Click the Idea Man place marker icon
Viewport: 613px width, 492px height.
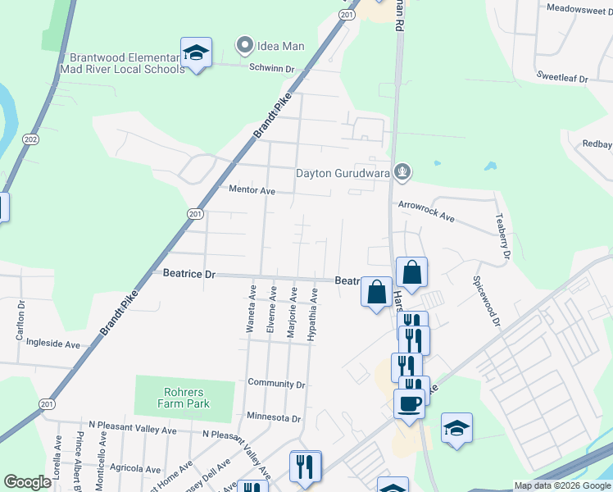click(x=243, y=45)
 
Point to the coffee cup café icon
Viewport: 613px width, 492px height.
click(x=409, y=402)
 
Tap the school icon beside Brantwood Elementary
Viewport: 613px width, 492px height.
click(x=196, y=53)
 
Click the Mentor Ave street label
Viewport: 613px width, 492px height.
click(x=252, y=190)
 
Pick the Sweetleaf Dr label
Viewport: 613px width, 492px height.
click(x=562, y=77)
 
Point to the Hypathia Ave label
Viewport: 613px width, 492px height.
click(x=312, y=313)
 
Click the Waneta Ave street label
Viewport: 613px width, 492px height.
click(x=252, y=308)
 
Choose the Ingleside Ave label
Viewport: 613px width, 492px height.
click(x=53, y=343)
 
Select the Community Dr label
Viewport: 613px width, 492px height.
click(x=276, y=383)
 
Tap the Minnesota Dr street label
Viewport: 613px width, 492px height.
click(x=274, y=417)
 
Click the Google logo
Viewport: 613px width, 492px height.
click(x=27, y=482)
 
